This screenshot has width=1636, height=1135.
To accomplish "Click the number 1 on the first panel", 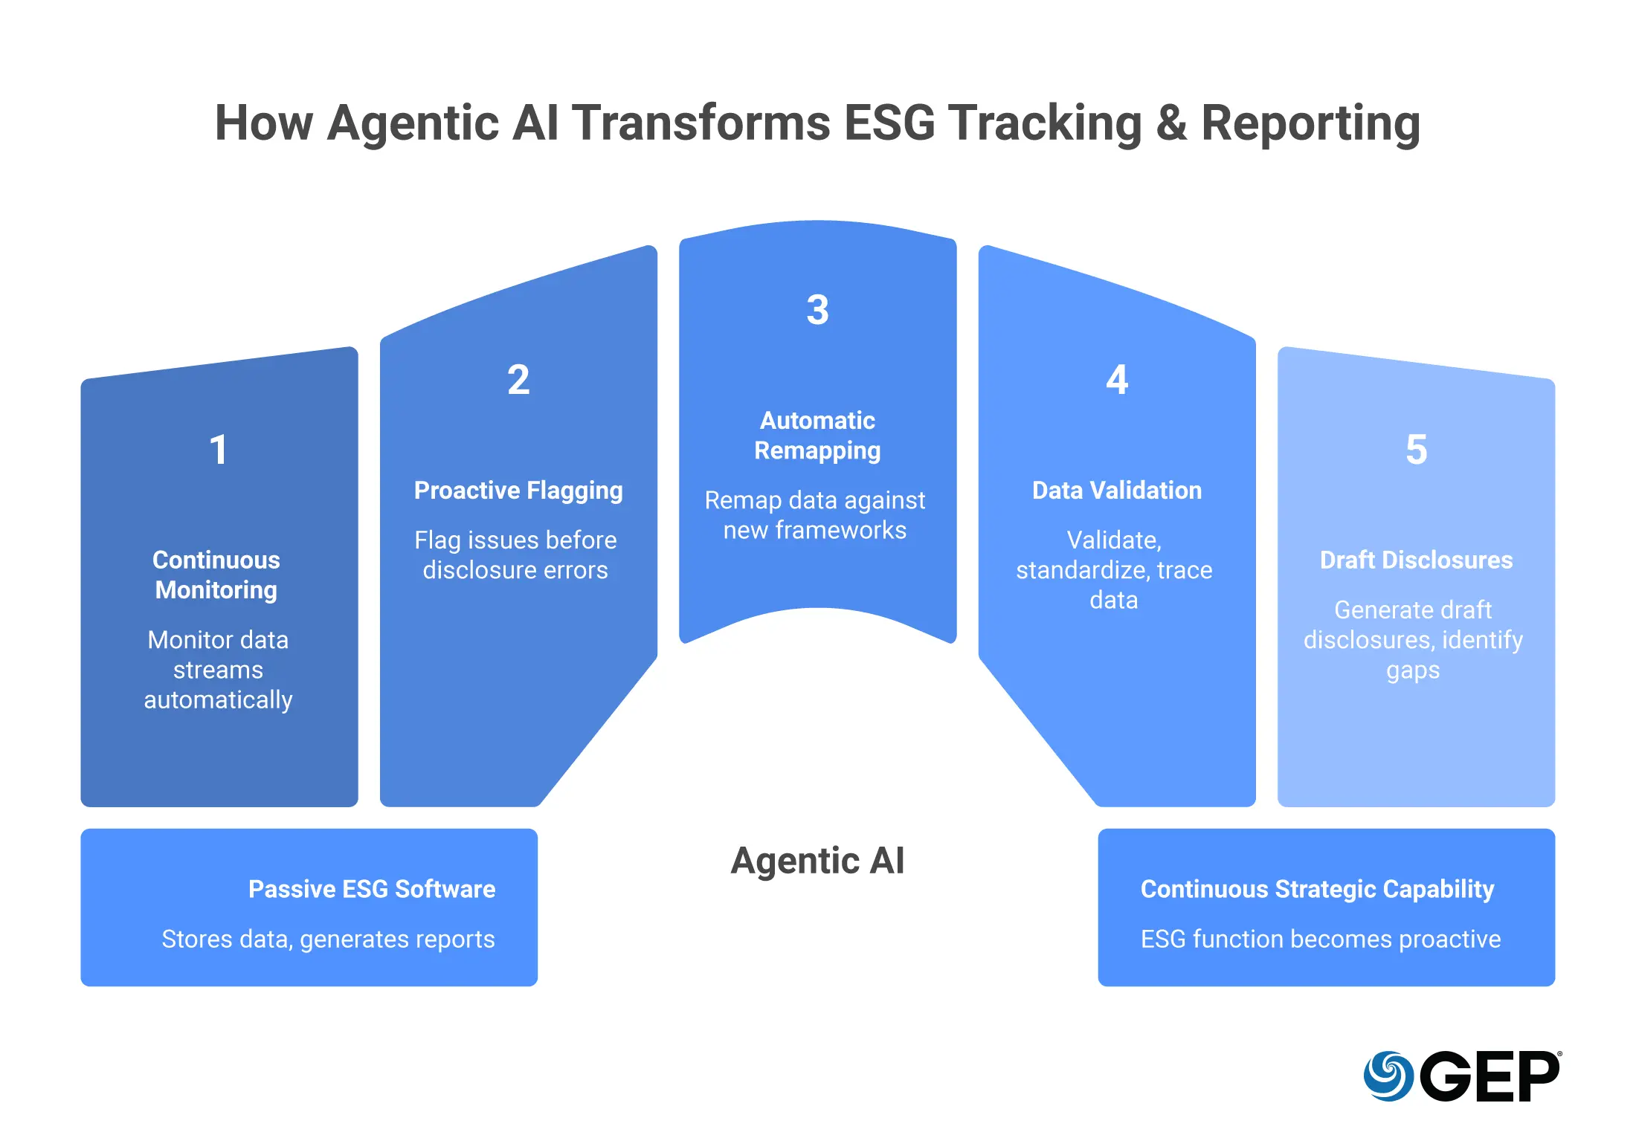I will (x=218, y=450).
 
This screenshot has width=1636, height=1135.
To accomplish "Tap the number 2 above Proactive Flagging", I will (x=518, y=380).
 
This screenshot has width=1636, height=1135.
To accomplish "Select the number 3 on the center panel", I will (x=817, y=310).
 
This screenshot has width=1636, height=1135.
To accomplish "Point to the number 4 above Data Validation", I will (x=1117, y=380).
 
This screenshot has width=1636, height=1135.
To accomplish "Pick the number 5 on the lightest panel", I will (x=1416, y=450).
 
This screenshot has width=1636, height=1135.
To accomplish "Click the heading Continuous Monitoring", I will (x=216, y=575).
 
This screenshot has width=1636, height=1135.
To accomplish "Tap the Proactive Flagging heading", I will (x=518, y=491).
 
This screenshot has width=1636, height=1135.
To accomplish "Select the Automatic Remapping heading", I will (x=817, y=436).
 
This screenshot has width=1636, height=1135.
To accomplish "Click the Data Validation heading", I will (x=1117, y=491).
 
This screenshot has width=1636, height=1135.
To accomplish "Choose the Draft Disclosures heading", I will (x=1416, y=560).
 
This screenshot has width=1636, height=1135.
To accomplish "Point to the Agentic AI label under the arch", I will (x=817, y=861).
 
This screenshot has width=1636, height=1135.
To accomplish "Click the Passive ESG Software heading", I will (x=372, y=889).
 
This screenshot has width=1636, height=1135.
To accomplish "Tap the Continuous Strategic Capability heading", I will (x=1317, y=889).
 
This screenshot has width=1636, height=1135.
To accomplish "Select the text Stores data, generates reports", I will (x=328, y=939).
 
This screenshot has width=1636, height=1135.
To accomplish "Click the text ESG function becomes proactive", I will (x=1321, y=939).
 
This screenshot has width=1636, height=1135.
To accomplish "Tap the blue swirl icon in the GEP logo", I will (x=1388, y=1076).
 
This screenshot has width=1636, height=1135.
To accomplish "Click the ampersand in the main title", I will (x=1171, y=123).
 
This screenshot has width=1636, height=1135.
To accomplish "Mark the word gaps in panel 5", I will (x=1413, y=670).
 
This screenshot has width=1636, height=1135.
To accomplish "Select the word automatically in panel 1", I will (x=218, y=700).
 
